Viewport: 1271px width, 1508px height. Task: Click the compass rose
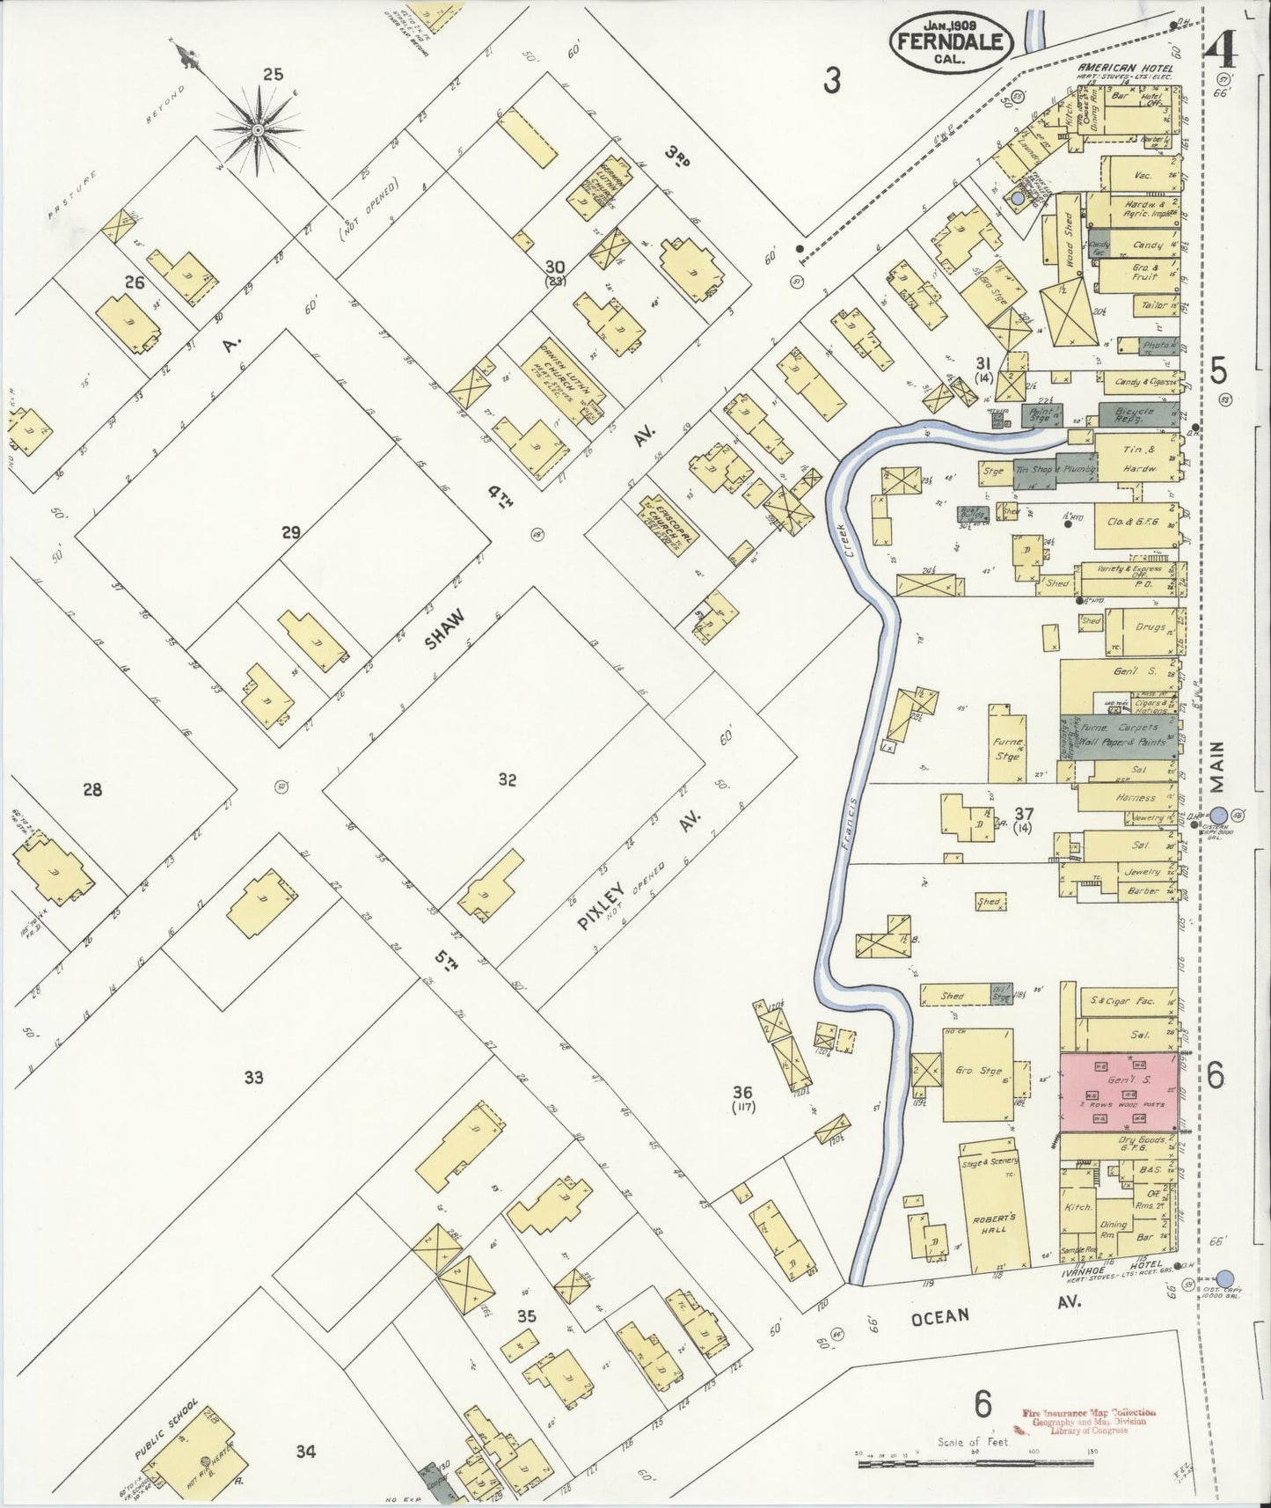pyautogui.click(x=258, y=130)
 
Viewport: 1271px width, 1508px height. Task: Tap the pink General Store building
pyautogui.click(x=1118, y=1092)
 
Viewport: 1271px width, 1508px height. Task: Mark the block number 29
pyautogui.click(x=291, y=531)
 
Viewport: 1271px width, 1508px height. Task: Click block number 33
pyautogui.click(x=253, y=1077)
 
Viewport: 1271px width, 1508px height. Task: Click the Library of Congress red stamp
pyautogui.click(x=1089, y=1421)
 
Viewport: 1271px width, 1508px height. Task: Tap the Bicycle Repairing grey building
pyautogui.click(x=1138, y=414)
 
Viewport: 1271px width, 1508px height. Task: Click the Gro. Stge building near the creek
pyautogui.click(x=977, y=1074)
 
